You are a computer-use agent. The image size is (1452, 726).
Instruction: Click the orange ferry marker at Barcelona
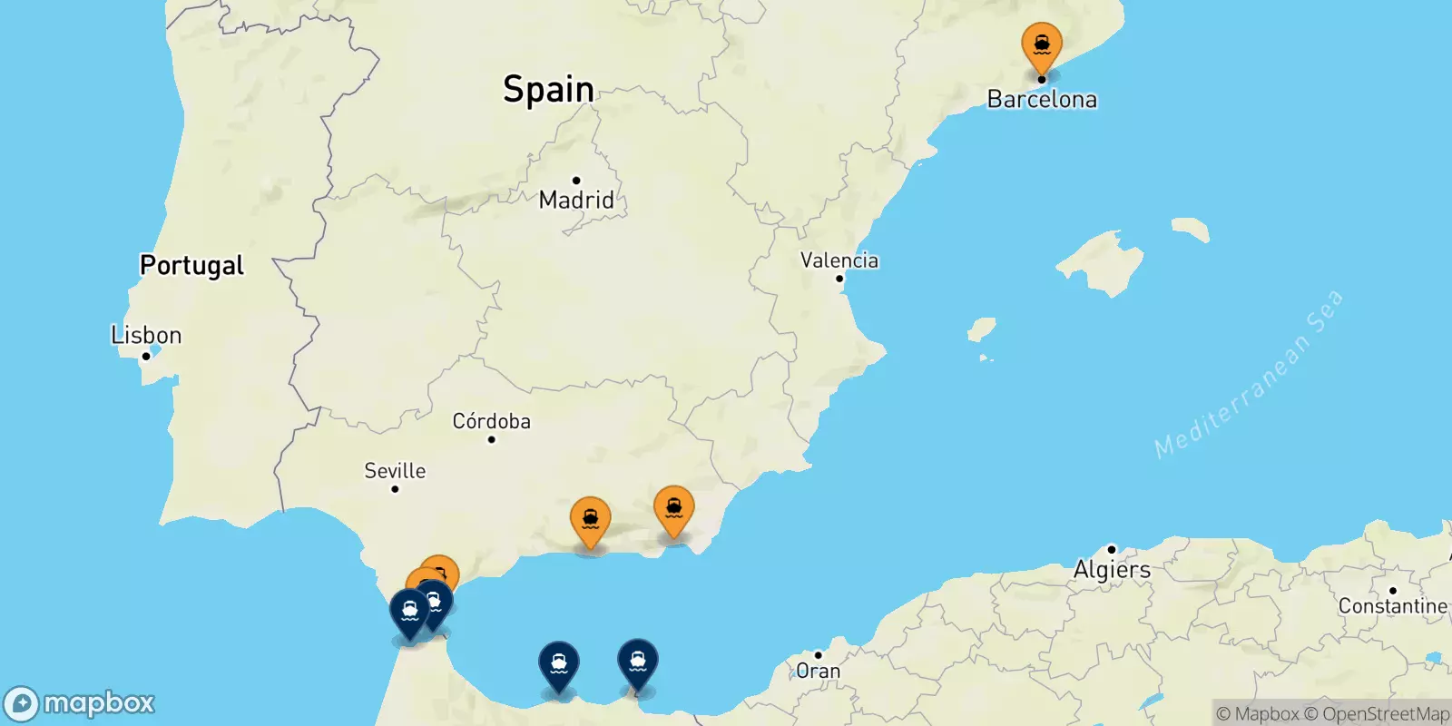click(1041, 45)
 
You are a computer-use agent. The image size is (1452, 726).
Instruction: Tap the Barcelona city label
click(1042, 99)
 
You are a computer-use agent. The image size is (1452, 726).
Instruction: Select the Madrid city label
click(576, 200)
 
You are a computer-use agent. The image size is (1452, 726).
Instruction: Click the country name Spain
click(548, 89)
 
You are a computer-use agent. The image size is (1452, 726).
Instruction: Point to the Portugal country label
click(191, 265)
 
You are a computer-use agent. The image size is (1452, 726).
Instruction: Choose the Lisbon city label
click(146, 335)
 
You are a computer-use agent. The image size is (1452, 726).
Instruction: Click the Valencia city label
click(839, 260)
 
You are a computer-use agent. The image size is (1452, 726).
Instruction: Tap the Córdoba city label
click(491, 421)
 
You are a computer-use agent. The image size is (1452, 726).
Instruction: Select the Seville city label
click(395, 470)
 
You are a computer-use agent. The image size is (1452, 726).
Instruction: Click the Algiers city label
click(1112, 570)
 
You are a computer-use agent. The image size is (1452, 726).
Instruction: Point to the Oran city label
click(818, 672)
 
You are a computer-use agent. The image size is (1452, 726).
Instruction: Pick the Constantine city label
click(1392, 606)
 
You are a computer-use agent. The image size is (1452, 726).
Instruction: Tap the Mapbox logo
click(79, 703)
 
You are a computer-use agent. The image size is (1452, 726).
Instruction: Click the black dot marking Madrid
click(576, 181)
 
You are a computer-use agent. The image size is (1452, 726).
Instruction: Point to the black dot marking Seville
click(395, 489)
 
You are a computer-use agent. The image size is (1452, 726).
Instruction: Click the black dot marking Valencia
click(839, 279)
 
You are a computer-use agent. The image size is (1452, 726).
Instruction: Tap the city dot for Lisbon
click(145, 356)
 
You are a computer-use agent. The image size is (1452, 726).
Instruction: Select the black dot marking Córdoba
click(491, 440)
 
